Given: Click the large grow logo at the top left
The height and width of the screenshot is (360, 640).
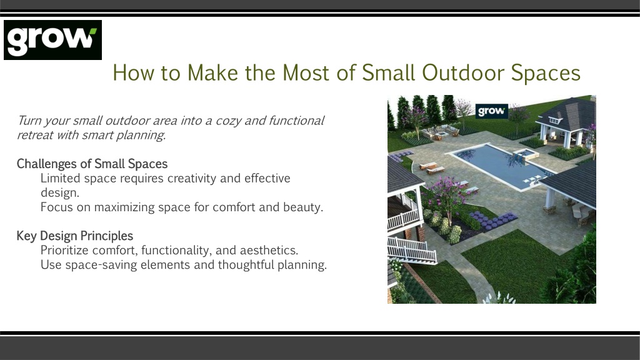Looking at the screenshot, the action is coord(52,40).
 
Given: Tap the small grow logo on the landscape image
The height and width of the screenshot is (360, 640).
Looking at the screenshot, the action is coord(492,111).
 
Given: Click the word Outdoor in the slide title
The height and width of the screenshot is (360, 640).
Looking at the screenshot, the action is coord(463,73).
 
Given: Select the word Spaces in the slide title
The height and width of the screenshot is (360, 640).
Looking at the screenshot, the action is coord(546,74).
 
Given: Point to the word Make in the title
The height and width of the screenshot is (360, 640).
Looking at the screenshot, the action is coord(212,73).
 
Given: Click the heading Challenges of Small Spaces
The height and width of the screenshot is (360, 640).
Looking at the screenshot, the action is coord(92,164).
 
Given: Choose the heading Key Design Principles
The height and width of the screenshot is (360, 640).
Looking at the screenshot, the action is coord(75,236).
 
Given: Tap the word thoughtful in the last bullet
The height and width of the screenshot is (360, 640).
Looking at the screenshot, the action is coord(246,265).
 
